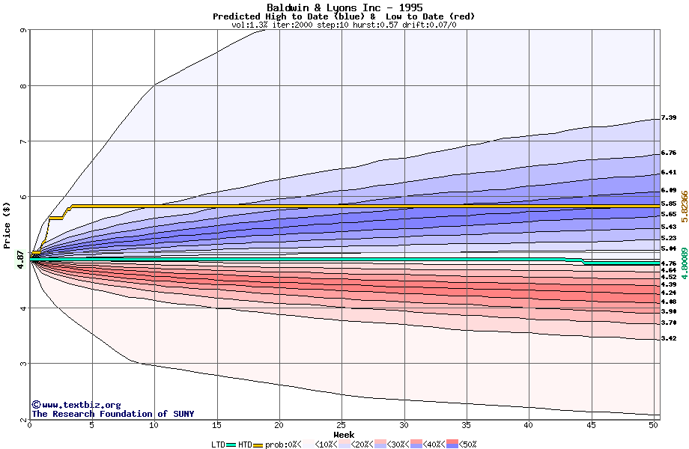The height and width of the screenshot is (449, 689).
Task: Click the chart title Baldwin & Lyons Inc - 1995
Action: point(344,7)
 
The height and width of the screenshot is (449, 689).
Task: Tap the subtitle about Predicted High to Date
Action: point(344,16)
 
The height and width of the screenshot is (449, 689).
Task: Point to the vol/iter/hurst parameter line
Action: point(344,25)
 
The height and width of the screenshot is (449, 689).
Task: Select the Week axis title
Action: point(344,434)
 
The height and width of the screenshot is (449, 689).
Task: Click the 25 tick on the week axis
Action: point(342,425)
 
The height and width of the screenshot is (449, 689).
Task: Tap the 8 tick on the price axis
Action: point(23,86)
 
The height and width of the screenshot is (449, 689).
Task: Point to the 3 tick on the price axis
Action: point(23,364)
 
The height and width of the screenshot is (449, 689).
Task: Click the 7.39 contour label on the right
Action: point(669,117)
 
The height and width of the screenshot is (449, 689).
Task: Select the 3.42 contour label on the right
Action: point(669,339)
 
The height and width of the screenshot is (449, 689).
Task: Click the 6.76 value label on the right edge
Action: point(669,153)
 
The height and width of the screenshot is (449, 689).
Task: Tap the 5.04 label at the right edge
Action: point(669,248)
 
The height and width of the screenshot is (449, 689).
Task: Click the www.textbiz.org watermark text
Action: point(76,405)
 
